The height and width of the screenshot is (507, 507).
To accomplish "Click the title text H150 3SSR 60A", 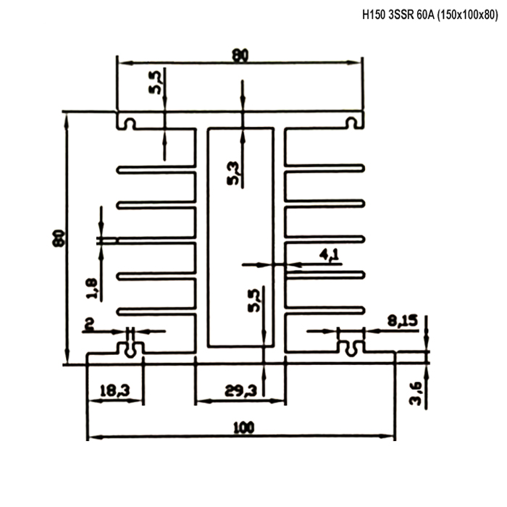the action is click(x=398, y=15).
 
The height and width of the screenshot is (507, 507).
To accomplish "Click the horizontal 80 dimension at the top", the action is click(x=240, y=55).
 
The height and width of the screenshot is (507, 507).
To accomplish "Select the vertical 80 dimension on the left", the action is click(x=59, y=238).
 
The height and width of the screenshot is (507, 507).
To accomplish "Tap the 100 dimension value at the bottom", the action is click(x=244, y=428).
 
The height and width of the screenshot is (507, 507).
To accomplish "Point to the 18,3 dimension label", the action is click(x=114, y=390).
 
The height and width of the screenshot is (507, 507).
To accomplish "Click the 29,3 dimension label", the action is click(x=240, y=392).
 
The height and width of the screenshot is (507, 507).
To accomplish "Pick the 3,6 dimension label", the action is click(x=416, y=393).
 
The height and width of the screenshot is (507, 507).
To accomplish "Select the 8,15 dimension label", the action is click(x=403, y=321).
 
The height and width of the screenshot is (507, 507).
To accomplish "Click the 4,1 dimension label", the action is click(x=329, y=255).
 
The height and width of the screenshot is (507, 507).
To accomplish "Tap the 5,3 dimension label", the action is click(x=234, y=173).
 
